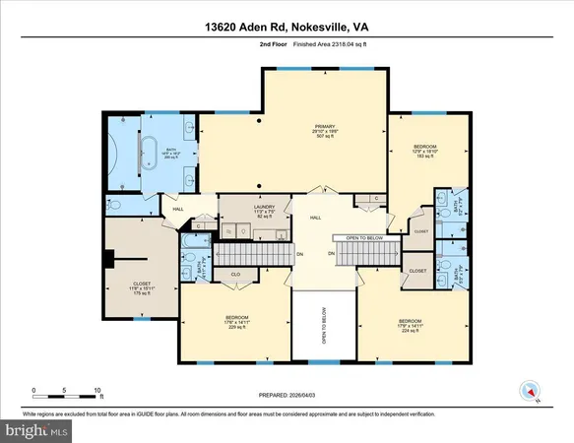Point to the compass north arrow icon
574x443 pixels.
pos(531,392)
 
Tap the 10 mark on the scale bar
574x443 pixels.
pos(97,390)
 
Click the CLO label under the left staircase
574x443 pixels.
pos(235,275)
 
